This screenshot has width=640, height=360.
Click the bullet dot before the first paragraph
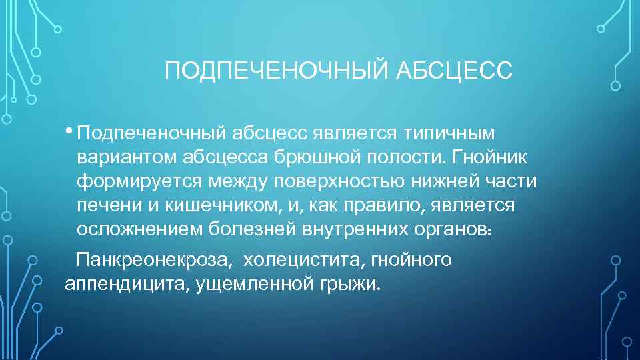tap(70, 131)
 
